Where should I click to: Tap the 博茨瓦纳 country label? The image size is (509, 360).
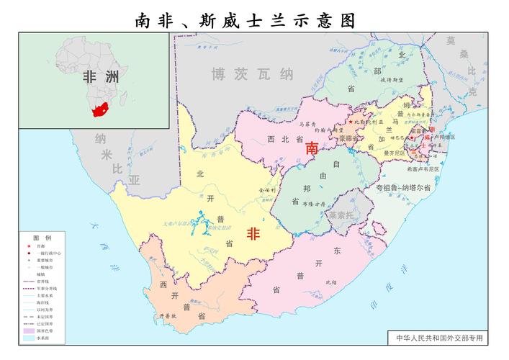pos(252,73)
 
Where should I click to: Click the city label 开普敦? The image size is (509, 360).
pos(166,315)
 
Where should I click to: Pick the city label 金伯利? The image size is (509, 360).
pos(257,189)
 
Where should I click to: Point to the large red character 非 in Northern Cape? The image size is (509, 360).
pos(253,234)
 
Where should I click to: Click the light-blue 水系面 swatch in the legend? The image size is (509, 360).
pos(30,338)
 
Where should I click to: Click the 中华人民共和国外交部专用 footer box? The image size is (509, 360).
pos(436,337)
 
